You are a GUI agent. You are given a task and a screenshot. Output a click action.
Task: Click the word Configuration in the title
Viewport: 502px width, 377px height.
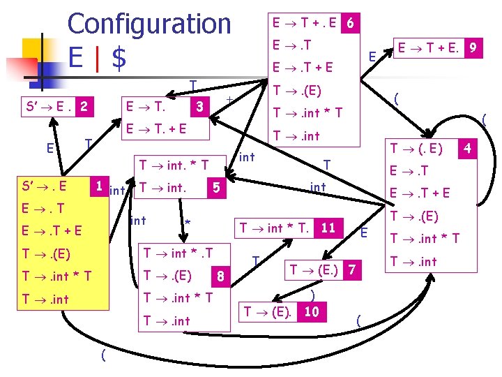149,24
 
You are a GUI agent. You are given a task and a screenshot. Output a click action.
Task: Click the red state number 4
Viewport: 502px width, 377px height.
469,148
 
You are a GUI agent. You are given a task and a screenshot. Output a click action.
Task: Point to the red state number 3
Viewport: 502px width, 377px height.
199,107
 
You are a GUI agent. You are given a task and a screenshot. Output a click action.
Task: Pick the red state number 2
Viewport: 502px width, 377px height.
84,108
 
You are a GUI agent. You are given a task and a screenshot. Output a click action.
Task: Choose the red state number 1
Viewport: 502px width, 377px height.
100,186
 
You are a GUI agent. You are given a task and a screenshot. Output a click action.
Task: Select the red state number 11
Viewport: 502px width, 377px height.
328,228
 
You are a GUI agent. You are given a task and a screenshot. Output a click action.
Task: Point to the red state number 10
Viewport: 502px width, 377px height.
312,311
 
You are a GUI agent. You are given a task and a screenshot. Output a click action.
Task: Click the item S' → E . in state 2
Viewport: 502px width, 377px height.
49,108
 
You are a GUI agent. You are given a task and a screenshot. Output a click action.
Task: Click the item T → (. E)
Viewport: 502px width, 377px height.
417,148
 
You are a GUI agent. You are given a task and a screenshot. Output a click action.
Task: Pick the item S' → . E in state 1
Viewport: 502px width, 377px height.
45,186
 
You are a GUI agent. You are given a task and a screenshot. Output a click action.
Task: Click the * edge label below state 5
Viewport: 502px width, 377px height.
186,222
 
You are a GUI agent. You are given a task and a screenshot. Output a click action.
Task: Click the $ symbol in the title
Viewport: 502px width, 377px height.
120,59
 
